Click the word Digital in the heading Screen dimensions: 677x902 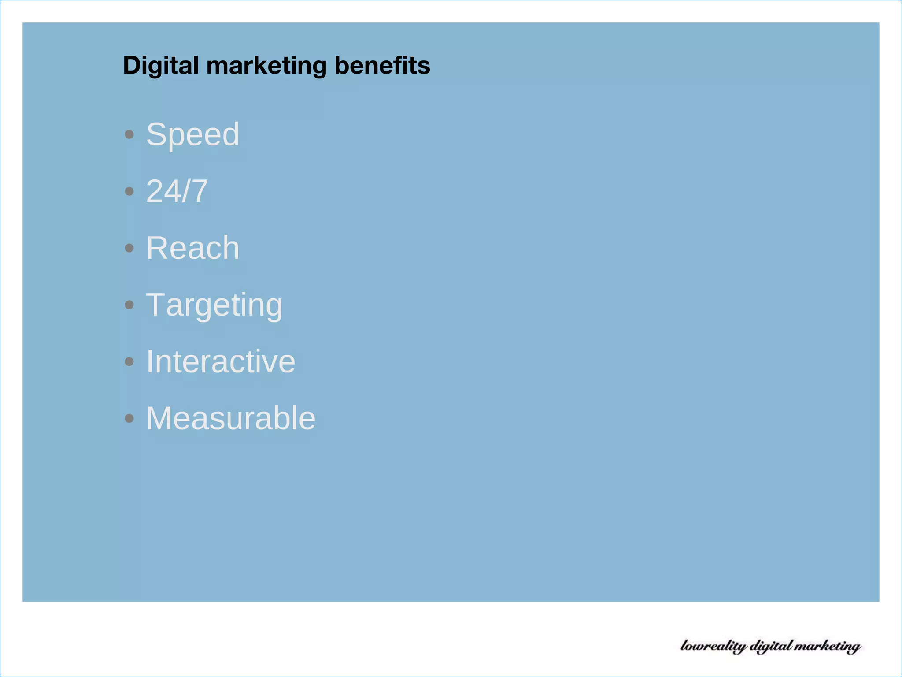tap(161, 66)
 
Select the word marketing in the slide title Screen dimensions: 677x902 tap(266, 66)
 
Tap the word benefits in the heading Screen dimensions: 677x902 tap(382, 65)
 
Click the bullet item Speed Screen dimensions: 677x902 tap(192, 134)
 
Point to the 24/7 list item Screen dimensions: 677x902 tap(177, 191)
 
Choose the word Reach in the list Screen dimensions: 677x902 tap(192, 248)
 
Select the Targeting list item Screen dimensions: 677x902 tap(214, 305)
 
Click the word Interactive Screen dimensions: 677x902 tap(220, 361)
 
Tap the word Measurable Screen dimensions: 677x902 tap(231, 418)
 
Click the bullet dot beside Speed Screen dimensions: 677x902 tap(129, 134)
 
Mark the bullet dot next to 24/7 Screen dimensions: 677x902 tap(129, 191)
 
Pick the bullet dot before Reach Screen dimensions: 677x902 tap(129, 248)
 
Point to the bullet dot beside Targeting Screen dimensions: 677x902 tap(129, 305)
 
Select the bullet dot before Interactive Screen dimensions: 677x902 tap(129, 362)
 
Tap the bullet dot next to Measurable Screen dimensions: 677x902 tap(129, 418)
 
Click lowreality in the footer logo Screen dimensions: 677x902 tap(713, 646)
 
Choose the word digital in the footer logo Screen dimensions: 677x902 tap(771, 646)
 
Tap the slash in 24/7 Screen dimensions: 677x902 tap(185, 191)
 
